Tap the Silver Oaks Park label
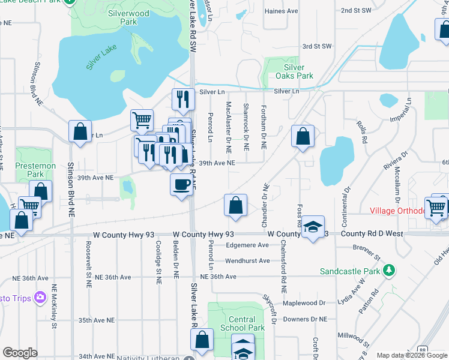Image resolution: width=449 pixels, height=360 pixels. point(294,71)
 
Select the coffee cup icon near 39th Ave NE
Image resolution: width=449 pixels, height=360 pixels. point(182,185)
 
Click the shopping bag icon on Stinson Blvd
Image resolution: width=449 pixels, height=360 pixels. point(80,132)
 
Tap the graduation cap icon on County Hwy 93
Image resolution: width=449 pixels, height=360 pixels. point(313,227)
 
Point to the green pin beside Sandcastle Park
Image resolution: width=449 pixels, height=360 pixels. point(390,271)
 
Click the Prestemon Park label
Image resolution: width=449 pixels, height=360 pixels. point(36,170)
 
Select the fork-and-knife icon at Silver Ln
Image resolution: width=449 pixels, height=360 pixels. point(182,99)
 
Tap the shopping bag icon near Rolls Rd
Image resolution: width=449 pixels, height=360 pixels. point(303,136)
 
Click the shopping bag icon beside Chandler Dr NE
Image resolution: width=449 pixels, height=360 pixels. point(235,205)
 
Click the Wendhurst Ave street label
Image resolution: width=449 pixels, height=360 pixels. point(247,261)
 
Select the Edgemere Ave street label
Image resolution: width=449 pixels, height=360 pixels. point(247,245)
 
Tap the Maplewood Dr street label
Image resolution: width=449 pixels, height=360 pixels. point(305,303)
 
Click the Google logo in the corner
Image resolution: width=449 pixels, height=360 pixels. point(20,353)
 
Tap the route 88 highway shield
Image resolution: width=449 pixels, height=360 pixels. point(423,349)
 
